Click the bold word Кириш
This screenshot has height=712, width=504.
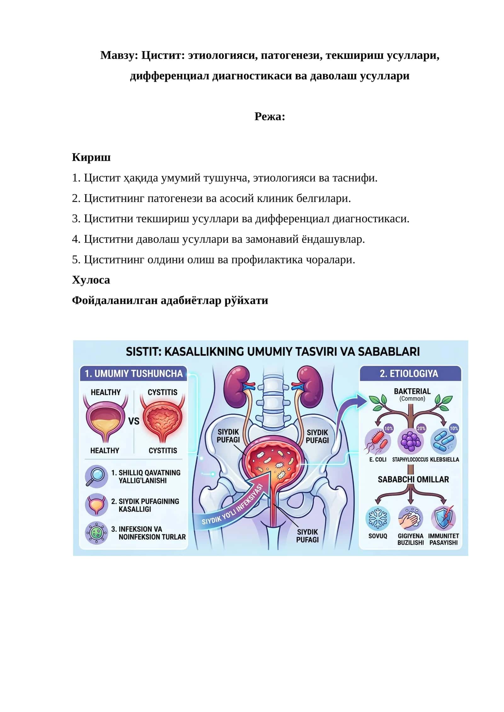click(x=91, y=157)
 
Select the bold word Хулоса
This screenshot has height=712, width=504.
click(x=91, y=280)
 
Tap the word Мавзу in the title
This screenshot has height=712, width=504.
click(x=119, y=55)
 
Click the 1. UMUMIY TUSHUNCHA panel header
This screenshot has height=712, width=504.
click(x=134, y=373)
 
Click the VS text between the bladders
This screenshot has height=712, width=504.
click(x=134, y=421)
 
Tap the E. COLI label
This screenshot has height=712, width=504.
click(x=378, y=460)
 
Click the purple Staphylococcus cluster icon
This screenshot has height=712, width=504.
click(x=410, y=441)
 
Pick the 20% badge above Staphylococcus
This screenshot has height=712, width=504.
click(x=421, y=428)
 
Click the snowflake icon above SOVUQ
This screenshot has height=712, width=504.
click(x=378, y=518)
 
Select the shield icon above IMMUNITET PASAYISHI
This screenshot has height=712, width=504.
click(x=444, y=518)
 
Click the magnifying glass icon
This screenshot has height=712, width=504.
click(x=96, y=476)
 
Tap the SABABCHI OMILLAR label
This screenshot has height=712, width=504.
click(x=413, y=479)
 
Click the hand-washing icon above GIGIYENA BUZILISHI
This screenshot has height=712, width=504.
click(x=410, y=518)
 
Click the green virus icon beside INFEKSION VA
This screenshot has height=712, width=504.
click(x=96, y=532)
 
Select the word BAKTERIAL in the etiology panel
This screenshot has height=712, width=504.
click(x=412, y=391)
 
